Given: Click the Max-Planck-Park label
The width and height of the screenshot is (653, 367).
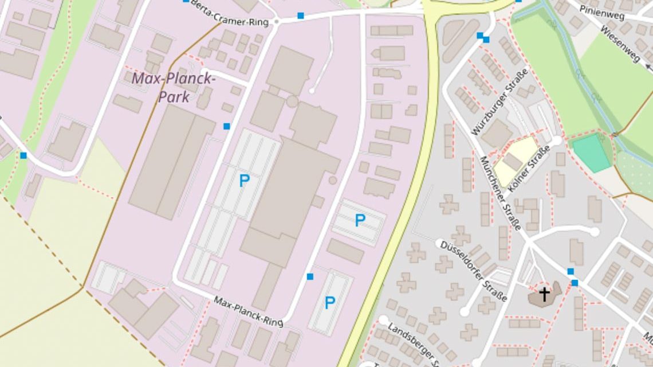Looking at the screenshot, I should pyautogui.click(x=174, y=87).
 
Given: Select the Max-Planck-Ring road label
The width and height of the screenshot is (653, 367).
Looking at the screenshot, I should pyautogui.click(x=249, y=311).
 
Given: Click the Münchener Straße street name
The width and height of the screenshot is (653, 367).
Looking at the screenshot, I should pyautogui.click(x=500, y=193).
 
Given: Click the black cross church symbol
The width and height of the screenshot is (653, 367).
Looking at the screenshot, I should pyautogui.click(x=544, y=295).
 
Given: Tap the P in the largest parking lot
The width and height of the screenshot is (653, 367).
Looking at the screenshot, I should pyautogui.click(x=245, y=181).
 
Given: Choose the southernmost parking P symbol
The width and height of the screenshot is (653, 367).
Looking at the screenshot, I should pyautogui.click(x=330, y=302).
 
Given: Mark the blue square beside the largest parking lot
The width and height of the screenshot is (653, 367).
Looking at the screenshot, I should pyautogui.click(x=227, y=126).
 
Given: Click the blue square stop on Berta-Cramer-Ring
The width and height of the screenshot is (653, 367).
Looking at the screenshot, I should pyautogui.click(x=301, y=15).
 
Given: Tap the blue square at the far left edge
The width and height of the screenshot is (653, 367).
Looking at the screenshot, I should pyautogui.click(x=23, y=155).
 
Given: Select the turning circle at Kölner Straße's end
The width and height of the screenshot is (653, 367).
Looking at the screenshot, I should pyautogui.click(x=557, y=140).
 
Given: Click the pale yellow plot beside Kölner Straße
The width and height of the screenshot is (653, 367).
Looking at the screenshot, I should pyautogui.click(x=514, y=161).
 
